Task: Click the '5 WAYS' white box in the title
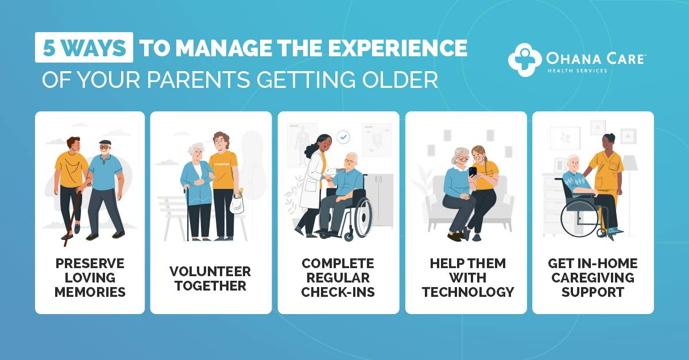pos(84,48)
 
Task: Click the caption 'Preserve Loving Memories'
pos(90,277)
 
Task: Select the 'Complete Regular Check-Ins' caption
pos(338,278)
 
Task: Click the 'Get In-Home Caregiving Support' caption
pos(593,278)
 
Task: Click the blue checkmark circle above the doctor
pos(343,137)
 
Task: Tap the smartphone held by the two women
pos(473,171)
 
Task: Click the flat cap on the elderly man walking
pos(104,142)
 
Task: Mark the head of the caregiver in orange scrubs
pos(608,140)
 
